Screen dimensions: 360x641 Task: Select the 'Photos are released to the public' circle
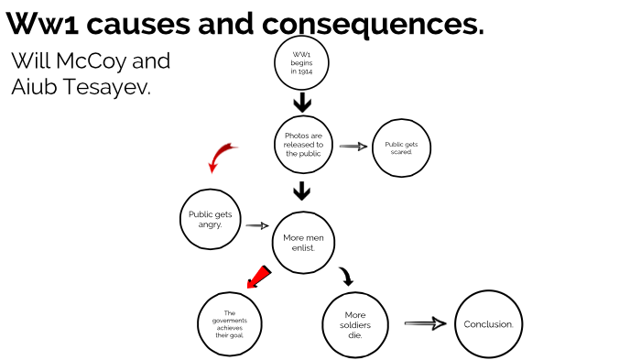303,145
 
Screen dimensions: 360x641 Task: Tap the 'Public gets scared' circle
400,147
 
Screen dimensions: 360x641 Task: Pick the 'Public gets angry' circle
210,219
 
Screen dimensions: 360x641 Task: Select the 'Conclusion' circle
487,323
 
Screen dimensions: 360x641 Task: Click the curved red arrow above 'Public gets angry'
220,157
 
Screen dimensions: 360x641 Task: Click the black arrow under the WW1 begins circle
302,103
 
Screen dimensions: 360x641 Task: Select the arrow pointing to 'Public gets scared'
353,146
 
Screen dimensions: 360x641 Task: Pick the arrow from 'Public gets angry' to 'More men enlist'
256,225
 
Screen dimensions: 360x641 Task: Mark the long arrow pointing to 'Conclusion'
424,323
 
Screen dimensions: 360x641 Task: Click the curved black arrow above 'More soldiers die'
345,277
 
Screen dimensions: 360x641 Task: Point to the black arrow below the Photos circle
302,191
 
